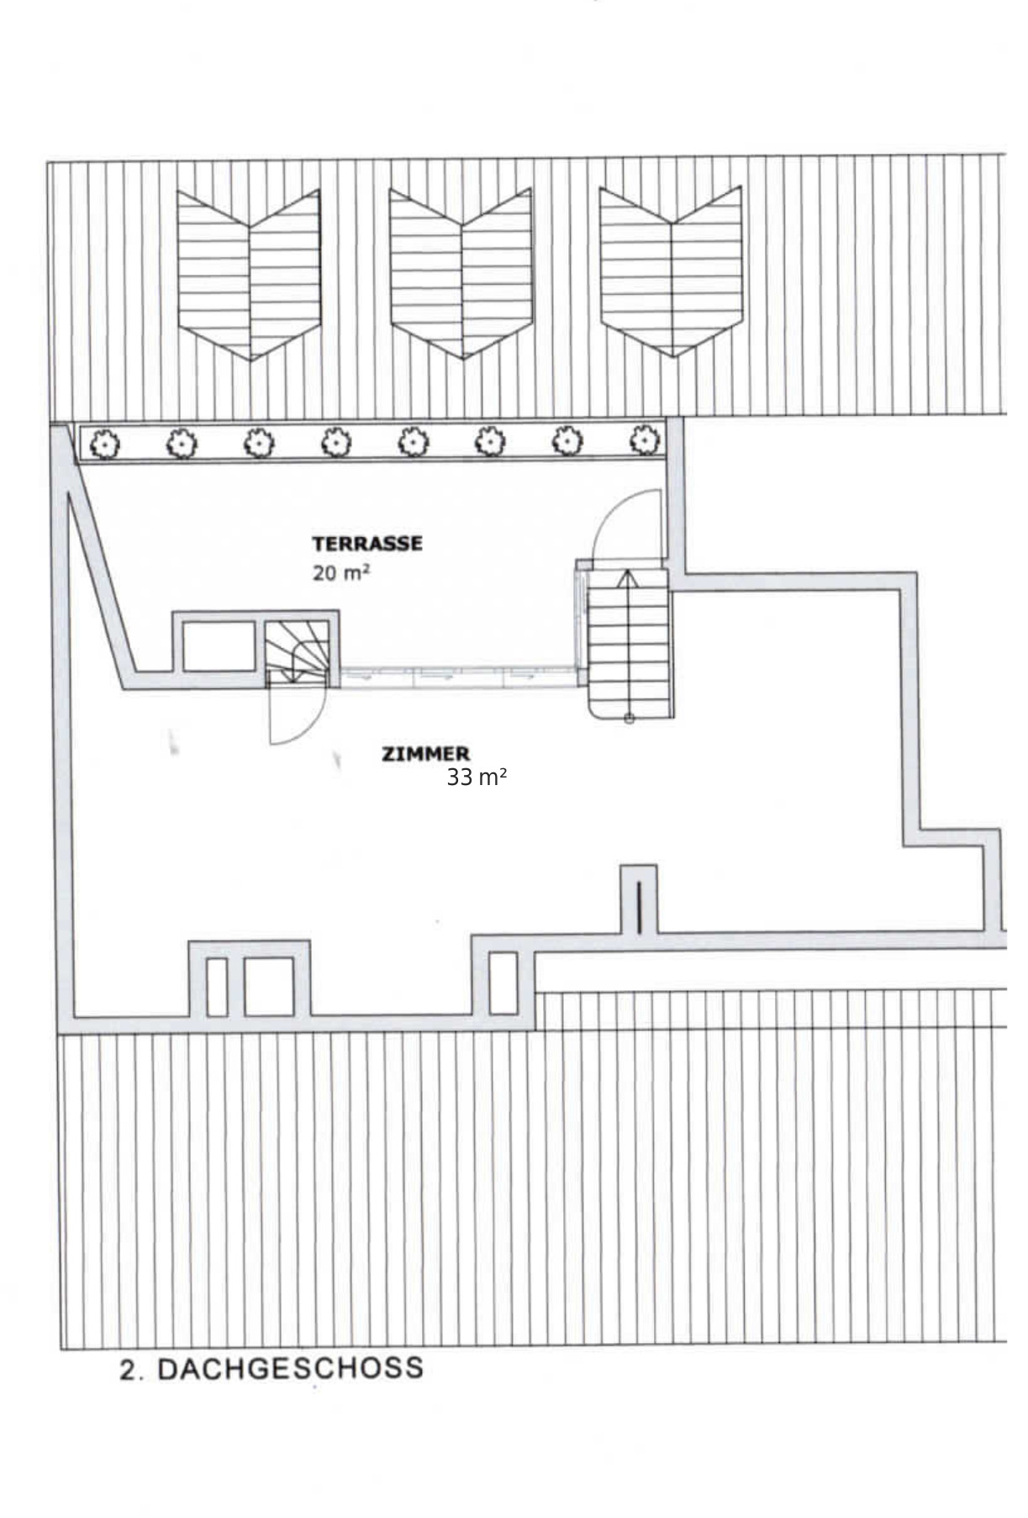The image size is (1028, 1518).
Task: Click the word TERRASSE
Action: click(366, 543)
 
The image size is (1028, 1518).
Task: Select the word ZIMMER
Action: click(425, 754)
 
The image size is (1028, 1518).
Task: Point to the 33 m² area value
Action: click(476, 777)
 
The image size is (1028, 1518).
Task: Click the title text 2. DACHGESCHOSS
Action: click(271, 1368)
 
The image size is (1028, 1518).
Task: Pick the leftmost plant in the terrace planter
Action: click(104, 443)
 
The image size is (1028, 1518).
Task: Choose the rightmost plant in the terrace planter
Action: click(644, 439)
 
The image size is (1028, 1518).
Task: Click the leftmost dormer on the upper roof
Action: click(249, 275)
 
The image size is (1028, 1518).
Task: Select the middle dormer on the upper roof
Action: click(461, 273)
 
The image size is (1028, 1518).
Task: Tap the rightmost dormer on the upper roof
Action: click(671, 271)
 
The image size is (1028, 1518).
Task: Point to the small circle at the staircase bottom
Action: click(629, 718)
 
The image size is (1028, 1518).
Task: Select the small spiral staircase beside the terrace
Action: click(298, 651)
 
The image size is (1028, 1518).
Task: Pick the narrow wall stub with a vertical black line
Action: click(639, 899)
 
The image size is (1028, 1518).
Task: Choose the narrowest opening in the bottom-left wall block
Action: click(217, 986)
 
